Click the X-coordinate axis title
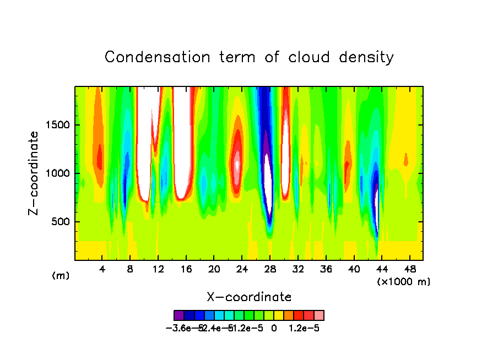coord(249,297)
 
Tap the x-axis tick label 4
coord(102,269)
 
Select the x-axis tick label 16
coord(186,269)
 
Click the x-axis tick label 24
coord(242,269)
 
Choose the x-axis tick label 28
coord(270,269)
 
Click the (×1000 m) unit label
coord(403,282)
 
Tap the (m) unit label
coord(60,276)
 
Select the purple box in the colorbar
coord(179,315)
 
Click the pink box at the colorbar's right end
coord(319,315)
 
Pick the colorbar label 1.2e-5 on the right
coord(304,328)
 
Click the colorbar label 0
coord(274,328)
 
